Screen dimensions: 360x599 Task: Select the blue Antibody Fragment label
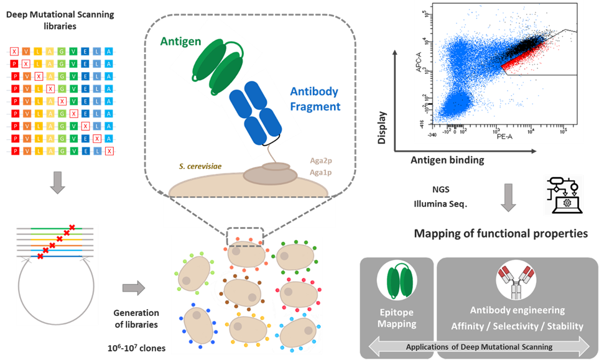point(315,99)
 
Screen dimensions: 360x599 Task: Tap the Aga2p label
point(320,160)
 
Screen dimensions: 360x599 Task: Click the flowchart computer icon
point(564,195)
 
